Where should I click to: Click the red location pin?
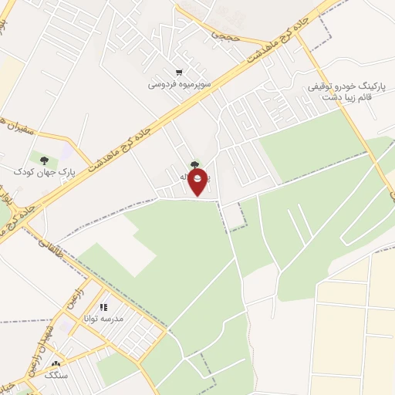pyautogui.click(x=199, y=182)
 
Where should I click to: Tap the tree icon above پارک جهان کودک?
pyautogui.click(x=43, y=160)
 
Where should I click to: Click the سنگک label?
pyautogui.click(x=55, y=376)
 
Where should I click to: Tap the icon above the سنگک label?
pyautogui.click(x=55, y=365)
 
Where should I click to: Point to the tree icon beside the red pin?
pyautogui.click(x=193, y=164)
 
